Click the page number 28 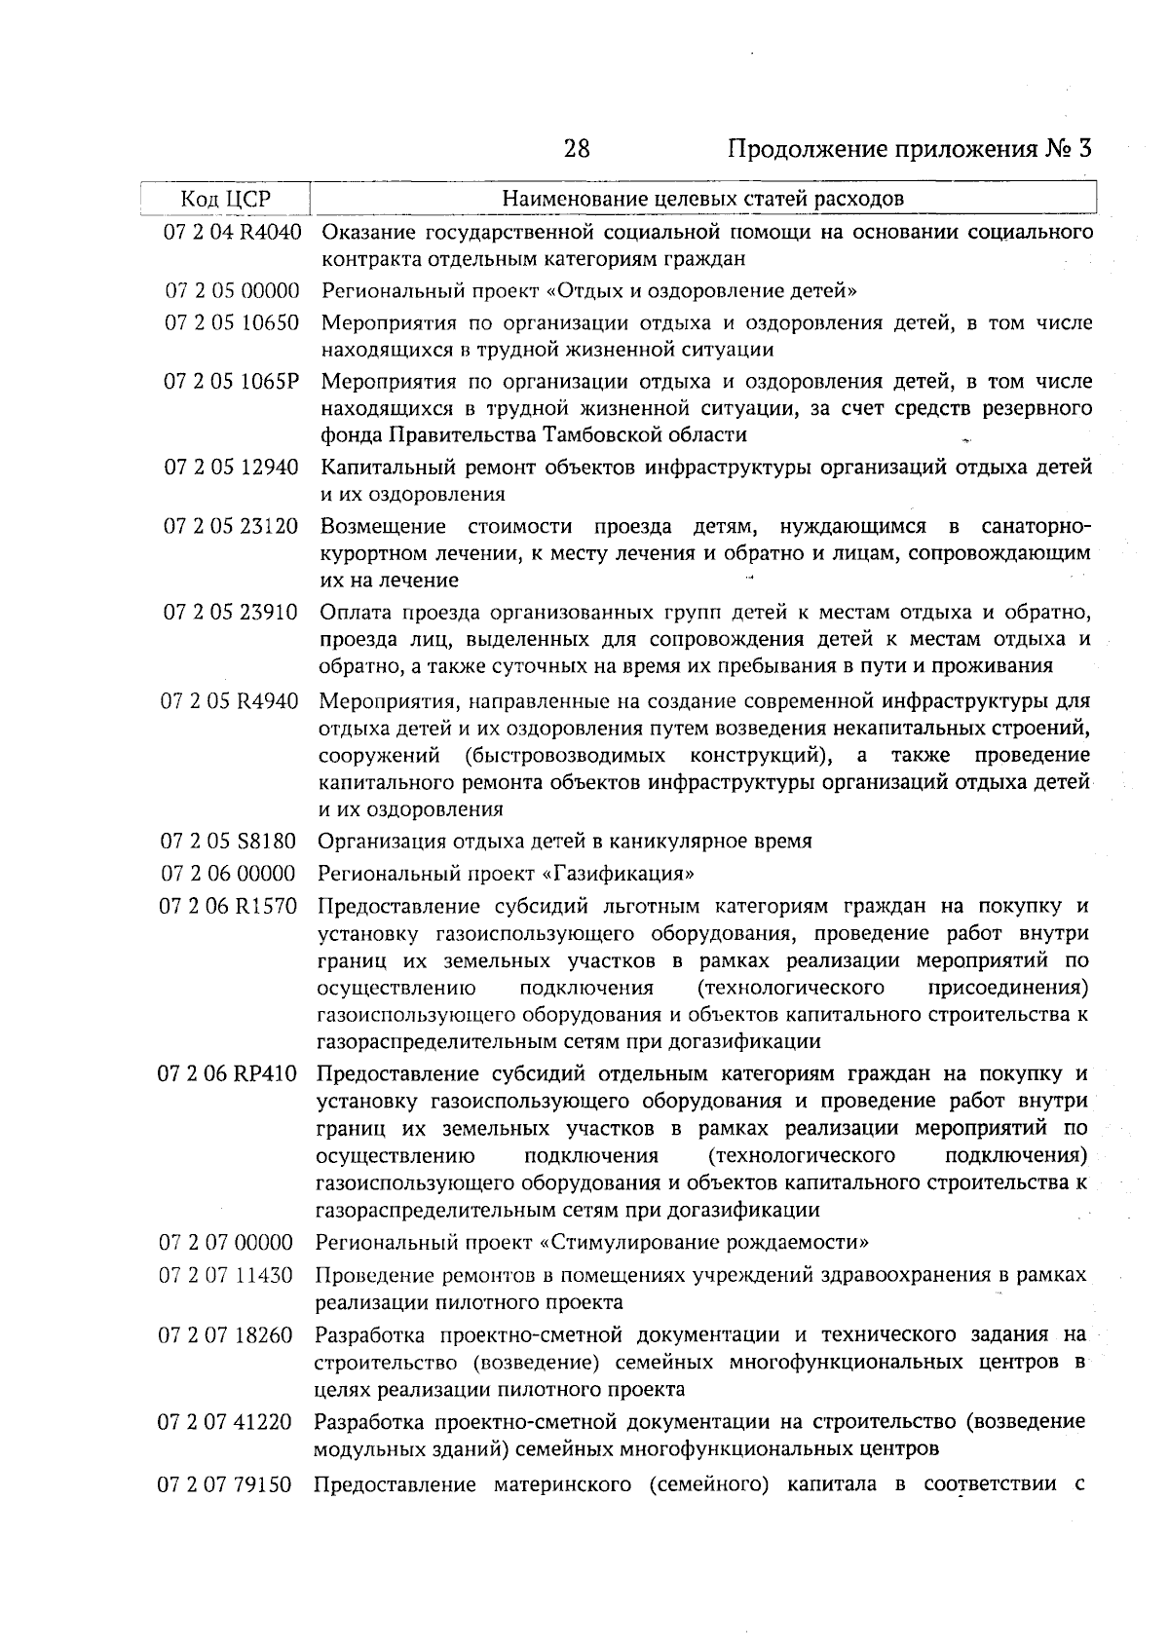click(x=577, y=149)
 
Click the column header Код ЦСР click(x=225, y=199)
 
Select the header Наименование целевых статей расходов click(x=702, y=199)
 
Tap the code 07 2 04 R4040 click(x=232, y=233)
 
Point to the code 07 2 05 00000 click(x=232, y=290)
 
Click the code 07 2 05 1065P click(x=232, y=381)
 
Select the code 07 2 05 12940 click(x=232, y=468)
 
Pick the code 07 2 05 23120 click(x=232, y=527)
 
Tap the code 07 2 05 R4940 click(x=230, y=701)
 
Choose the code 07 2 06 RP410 click(x=227, y=1074)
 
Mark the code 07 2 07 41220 click(x=225, y=1422)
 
